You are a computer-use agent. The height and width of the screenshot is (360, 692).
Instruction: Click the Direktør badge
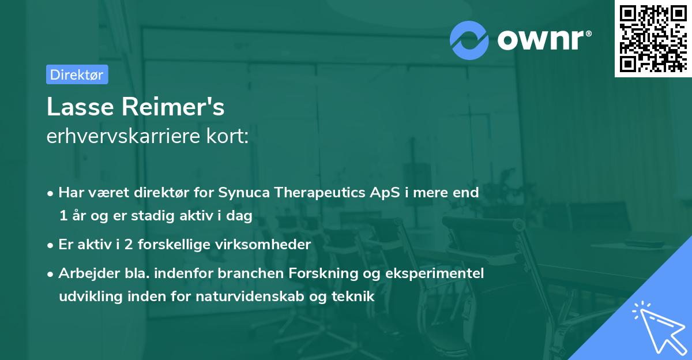[x=77, y=74]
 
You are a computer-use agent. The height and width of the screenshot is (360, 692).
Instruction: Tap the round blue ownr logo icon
[x=469, y=40]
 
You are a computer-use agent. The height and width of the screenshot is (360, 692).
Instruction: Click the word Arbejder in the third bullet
[x=82, y=273]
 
